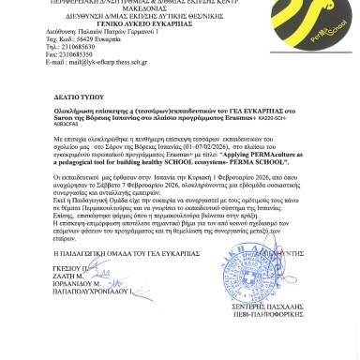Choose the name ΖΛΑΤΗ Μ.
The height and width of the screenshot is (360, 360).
68,277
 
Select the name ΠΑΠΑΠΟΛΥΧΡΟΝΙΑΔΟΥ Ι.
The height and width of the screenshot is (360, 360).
92,292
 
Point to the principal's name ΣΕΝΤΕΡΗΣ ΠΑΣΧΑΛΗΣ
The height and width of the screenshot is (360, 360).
290,308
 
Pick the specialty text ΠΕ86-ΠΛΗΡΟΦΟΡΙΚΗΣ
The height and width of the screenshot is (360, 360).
290,316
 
